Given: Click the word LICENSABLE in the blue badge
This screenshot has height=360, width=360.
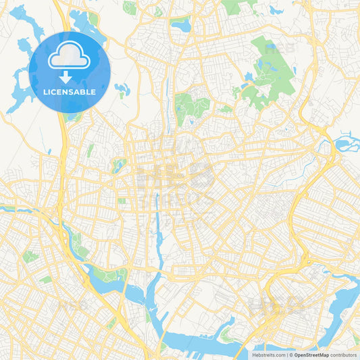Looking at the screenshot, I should coord(70,92).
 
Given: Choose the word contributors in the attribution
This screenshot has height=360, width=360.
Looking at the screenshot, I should coord(344,354).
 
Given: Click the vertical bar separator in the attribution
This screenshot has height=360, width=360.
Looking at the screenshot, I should coord(288,354).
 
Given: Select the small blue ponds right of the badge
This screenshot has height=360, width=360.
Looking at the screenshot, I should coord(122,90).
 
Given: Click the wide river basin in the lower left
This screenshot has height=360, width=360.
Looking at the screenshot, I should coord(108,287).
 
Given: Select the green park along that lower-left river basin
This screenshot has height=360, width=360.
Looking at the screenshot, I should coord(108,273).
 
